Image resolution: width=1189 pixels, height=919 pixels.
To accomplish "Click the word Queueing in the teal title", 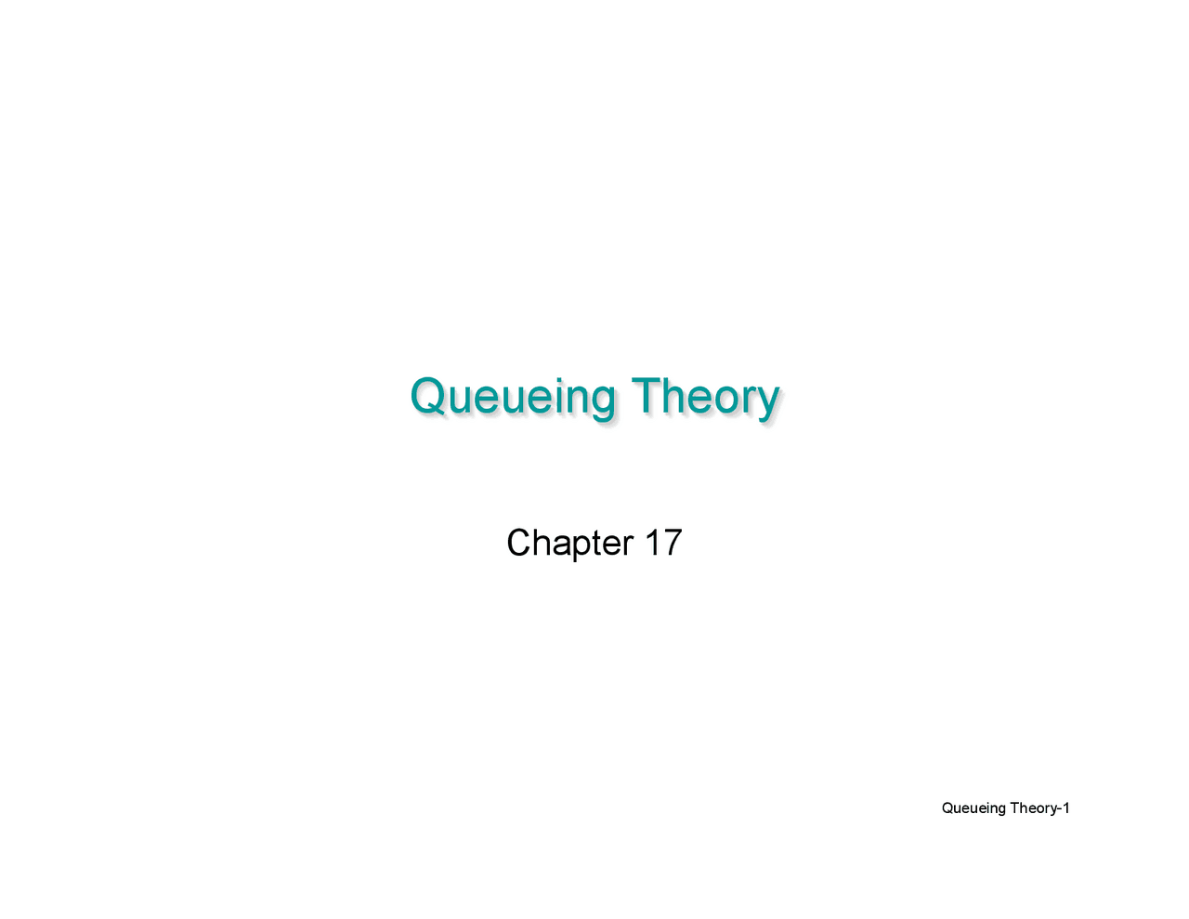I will point(512,397).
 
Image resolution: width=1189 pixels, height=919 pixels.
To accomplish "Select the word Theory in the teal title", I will point(705,397).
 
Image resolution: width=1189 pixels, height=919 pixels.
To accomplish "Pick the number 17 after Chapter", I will point(663,543).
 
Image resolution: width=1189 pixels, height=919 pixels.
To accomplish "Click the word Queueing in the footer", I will point(973,808).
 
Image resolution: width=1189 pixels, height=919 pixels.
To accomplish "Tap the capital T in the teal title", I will point(646,395).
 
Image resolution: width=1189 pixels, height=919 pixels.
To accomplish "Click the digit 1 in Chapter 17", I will point(650,543).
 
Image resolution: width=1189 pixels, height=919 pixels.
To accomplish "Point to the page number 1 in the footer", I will point(1066,808).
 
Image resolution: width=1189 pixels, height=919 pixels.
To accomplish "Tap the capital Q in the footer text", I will point(947,808).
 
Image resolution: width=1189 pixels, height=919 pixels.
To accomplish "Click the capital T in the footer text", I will point(1014,808).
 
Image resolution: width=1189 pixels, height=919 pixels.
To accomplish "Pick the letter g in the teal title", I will point(602,401).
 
